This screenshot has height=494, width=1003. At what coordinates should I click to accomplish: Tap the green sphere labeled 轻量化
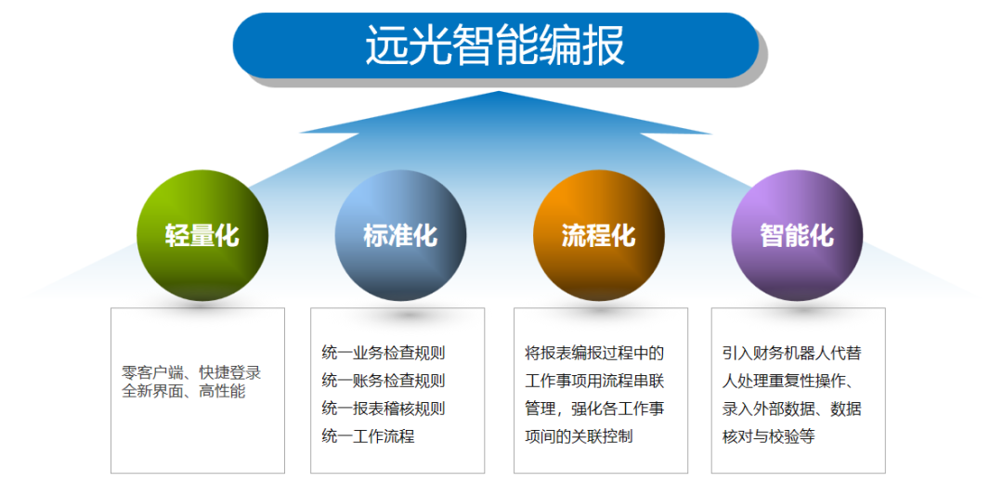click(202, 235)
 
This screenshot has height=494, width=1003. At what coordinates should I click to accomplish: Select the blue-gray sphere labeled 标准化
click(400, 235)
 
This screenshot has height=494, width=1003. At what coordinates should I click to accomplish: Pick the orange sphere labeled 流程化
click(599, 235)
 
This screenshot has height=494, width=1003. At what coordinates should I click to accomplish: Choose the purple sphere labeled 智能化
click(797, 235)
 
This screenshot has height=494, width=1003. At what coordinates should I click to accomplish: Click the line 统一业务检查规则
click(384, 353)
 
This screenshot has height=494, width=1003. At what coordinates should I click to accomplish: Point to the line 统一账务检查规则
click(384, 381)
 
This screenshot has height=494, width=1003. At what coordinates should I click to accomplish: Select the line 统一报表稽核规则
click(384, 409)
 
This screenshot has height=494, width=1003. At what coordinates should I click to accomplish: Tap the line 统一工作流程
click(368, 436)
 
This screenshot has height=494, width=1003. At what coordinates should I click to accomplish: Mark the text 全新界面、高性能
click(184, 391)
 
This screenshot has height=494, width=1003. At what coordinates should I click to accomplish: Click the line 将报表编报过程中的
click(594, 353)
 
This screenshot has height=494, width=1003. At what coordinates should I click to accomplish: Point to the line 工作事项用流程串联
click(594, 381)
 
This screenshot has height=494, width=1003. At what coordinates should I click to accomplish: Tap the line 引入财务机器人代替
click(792, 353)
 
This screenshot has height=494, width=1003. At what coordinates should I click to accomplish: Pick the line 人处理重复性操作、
click(792, 381)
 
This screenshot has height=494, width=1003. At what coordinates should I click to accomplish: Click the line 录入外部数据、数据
click(792, 409)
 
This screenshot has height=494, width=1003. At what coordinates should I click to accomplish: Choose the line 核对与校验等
click(768, 436)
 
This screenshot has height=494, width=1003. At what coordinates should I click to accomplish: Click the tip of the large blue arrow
click(500, 94)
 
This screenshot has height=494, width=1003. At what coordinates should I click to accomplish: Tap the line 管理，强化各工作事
click(594, 409)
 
